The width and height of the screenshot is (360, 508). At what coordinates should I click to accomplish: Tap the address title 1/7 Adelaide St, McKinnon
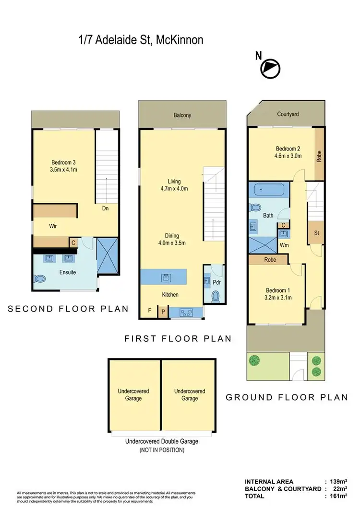141,40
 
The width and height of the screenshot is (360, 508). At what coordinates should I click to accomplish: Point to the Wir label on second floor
53,226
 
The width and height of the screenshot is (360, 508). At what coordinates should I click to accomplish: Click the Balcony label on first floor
182,115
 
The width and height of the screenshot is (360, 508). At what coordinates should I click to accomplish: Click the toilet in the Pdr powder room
216,296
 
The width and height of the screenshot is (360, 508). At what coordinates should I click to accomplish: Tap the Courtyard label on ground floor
288,114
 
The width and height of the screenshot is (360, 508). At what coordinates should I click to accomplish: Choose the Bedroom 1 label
278,294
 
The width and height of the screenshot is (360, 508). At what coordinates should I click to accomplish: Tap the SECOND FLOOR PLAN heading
69,309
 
